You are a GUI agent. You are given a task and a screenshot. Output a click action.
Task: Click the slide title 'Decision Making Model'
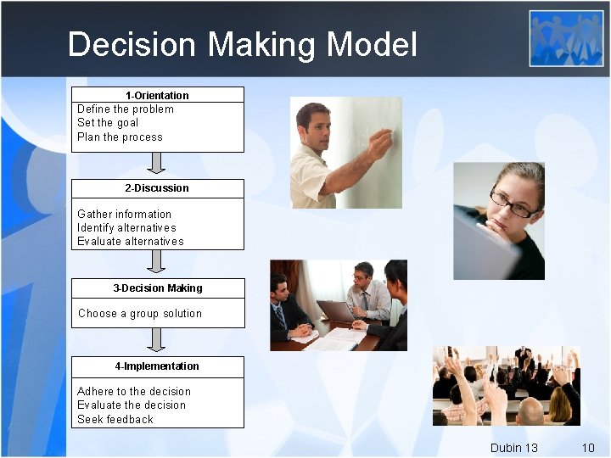coord(242,44)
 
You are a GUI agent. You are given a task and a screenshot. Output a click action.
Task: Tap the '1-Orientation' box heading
coord(157,95)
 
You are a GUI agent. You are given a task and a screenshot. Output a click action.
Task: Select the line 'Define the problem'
coord(126,109)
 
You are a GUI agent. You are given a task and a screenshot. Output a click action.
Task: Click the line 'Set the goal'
coord(108,122)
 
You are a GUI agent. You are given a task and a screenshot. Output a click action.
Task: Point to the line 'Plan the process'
coord(120,137)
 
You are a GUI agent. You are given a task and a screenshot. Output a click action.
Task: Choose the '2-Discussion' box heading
coord(157,187)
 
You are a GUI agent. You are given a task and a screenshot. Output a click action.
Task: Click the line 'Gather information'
coord(124,214)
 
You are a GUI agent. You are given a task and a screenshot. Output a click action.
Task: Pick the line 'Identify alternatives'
coord(126,227)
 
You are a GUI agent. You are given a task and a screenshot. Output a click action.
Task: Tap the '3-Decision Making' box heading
coord(158,288)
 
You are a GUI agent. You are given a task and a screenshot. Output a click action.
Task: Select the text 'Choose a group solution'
coord(140,313)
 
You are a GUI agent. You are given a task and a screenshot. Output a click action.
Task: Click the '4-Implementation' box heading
coord(157,366)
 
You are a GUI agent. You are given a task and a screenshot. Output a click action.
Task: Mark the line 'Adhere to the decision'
coord(134,391)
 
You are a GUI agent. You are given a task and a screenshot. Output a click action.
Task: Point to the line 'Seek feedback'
coord(115,419)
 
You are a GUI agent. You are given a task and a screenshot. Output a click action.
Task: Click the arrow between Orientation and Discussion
coord(156,164)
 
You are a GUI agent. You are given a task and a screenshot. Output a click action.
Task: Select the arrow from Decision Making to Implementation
coord(156,340)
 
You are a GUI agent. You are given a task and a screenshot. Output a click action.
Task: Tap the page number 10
coord(587,447)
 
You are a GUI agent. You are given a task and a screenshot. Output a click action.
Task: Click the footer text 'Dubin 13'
coord(513,447)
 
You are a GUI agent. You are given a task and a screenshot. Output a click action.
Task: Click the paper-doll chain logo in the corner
coord(567,38)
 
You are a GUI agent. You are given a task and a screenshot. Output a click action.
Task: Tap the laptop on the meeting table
coord(337,311)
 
